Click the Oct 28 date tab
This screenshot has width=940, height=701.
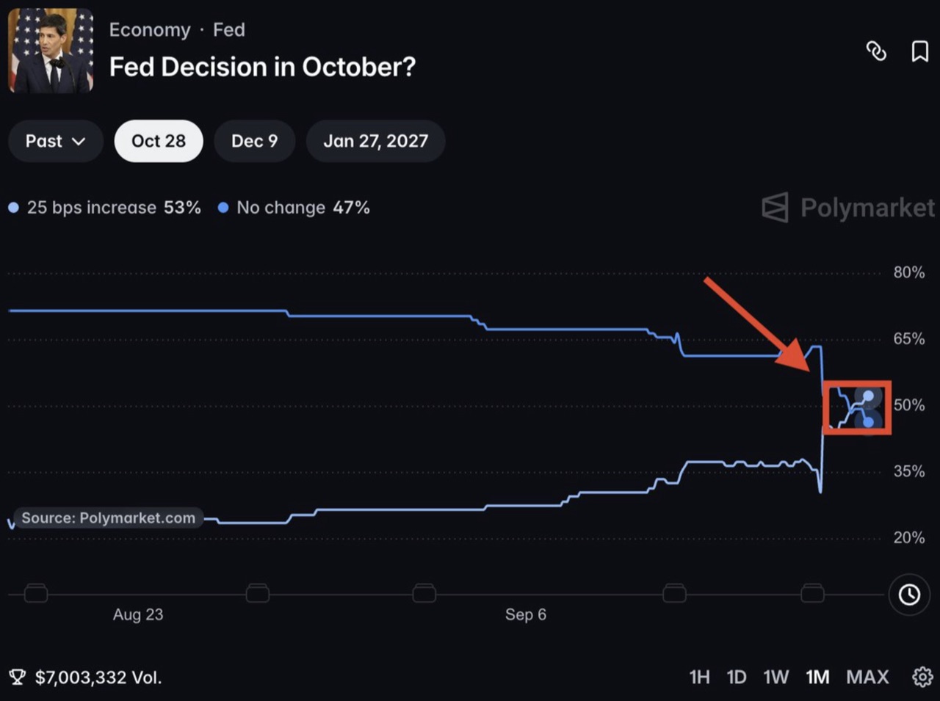pyautogui.click(x=159, y=141)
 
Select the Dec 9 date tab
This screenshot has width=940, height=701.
pyautogui.click(x=254, y=141)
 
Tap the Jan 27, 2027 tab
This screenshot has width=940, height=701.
pyautogui.click(x=375, y=141)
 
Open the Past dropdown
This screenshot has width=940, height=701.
pyautogui.click(x=56, y=141)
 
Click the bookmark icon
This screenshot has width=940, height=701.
pyautogui.click(x=920, y=51)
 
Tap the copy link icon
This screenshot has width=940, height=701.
pyautogui.click(x=876, y=51)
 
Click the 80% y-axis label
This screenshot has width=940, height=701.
pyautogui.click(x=908, y=272)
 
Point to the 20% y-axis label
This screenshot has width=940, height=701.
pyautogui.click(x=908, y=537)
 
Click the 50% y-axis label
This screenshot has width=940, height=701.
pyautogui.click(x=908, y=405)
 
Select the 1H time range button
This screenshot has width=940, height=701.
pyautogui.click(x=699, y=678)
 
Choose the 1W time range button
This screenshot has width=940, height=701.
pyautogui.click(x=775, y=678)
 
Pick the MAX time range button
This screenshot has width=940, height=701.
pyautogui.click(x=867, y=678)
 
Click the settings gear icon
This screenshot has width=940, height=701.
pyautogui.click(x=922, y=678)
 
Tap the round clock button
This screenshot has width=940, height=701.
pyautogui.click(x=909, y=595)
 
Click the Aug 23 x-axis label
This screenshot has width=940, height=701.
pyautogui.click(x=138, y=614)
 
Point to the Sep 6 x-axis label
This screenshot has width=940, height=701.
pyautogui.click(x=526, y=614)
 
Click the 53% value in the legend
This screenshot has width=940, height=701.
pyautogui.click(x=182, y=208)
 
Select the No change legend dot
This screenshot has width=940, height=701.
pyautogui.click(x=223, y=208)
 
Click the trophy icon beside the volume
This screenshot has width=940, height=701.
pyautogui.click(x=17, y=678)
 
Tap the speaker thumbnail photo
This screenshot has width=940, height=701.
pyautogui.click(x=51, y=51)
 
